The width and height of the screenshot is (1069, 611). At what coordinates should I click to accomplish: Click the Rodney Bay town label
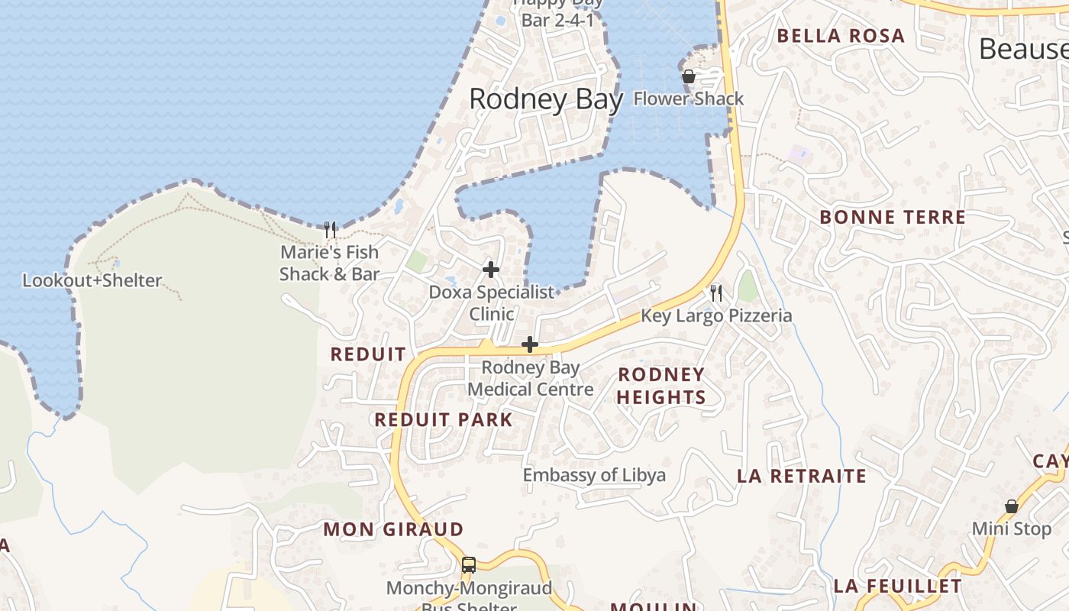(545, 99)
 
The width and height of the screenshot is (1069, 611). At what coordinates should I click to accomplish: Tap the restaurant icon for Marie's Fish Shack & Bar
(330, 229)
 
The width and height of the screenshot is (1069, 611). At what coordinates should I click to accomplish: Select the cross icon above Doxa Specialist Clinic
(491, 270)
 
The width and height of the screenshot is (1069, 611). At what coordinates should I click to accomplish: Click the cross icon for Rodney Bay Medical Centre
(529, 345)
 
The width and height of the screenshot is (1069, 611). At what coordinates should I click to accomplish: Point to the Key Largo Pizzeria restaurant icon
(716, 293)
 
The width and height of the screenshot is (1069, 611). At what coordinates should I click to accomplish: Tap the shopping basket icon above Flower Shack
(688, 76)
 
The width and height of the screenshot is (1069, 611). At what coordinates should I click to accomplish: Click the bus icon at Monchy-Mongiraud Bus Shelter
(469, 565)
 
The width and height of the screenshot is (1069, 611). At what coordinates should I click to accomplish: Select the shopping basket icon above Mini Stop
(1011, 506)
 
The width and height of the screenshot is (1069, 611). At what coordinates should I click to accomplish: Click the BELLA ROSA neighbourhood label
(841, 36)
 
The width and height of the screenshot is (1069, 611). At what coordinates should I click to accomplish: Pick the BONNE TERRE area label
(893, 218)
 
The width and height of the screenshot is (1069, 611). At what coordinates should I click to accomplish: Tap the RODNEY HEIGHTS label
(661, 386)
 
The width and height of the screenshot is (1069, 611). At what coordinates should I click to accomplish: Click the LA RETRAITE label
(802, 477)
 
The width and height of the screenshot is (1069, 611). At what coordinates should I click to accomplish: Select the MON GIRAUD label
(393, 529)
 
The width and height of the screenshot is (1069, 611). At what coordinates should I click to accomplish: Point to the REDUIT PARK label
(444, 419)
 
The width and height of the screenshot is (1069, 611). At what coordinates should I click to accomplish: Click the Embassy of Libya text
(594, 475)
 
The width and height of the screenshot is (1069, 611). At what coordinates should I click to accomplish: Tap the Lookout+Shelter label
(92, 280)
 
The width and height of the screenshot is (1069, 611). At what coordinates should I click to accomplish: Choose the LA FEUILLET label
(897, 587)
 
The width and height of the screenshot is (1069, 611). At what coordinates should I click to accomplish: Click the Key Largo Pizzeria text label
(716, 315)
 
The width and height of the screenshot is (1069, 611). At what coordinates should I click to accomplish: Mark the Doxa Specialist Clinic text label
(491, 303)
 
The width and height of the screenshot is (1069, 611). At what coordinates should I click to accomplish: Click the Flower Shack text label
(688, 99)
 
